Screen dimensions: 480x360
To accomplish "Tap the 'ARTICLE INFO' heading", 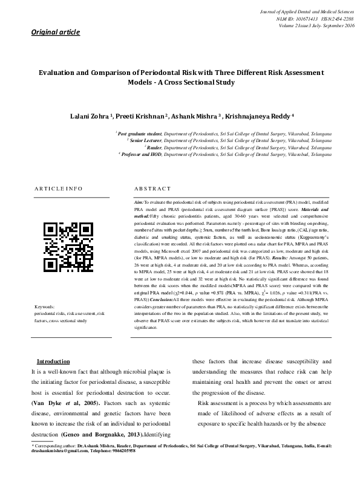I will (57, 189).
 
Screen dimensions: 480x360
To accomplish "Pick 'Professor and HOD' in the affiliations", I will (145, 154).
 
